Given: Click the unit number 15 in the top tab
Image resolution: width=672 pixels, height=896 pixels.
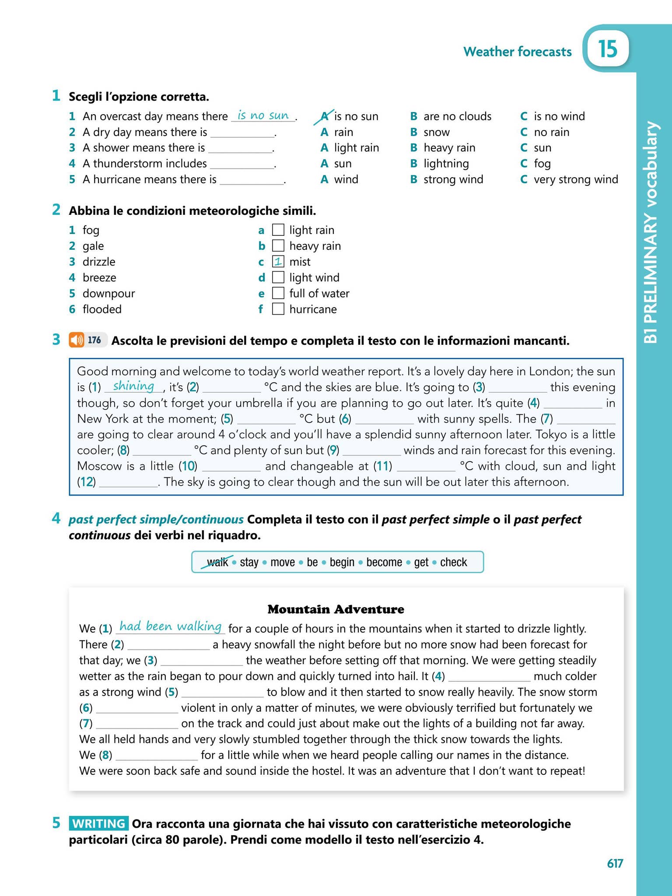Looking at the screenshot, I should [x=608, y=49].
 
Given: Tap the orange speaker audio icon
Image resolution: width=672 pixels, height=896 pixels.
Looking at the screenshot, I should [x=77, y=340].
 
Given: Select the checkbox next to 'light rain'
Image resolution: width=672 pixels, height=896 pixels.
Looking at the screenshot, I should [x=278, y=230].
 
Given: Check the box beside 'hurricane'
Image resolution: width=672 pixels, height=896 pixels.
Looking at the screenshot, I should [x=278, y=309].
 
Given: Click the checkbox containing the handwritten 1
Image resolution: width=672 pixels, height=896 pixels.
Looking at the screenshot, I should [x=278, y=262].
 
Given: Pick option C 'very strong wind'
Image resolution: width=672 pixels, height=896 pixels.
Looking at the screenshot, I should [x=575, y=179].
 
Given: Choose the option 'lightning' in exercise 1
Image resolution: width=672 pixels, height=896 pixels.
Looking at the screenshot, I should [x=446, y=164].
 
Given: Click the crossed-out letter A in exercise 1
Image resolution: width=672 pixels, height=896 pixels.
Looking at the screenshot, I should [x=324, y=116].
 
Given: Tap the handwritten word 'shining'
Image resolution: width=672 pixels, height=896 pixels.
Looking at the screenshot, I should [x=133, y=386].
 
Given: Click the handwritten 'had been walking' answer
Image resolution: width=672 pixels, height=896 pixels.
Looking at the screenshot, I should [x=171, y=626].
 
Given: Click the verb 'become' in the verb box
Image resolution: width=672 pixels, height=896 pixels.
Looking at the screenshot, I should [x=384, y=562].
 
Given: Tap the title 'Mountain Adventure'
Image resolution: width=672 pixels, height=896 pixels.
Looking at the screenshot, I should [x=336, y=609].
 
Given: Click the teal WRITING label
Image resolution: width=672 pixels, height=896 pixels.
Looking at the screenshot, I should [x=98, y=824].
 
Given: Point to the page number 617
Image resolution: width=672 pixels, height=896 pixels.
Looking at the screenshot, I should [x=615, y=863].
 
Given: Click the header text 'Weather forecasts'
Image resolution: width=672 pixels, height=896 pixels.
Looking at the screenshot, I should [x=517, y=52].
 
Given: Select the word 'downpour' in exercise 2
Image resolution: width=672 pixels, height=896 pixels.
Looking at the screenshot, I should [x=108, y=294].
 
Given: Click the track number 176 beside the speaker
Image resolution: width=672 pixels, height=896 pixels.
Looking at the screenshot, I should [x=94, y=340].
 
